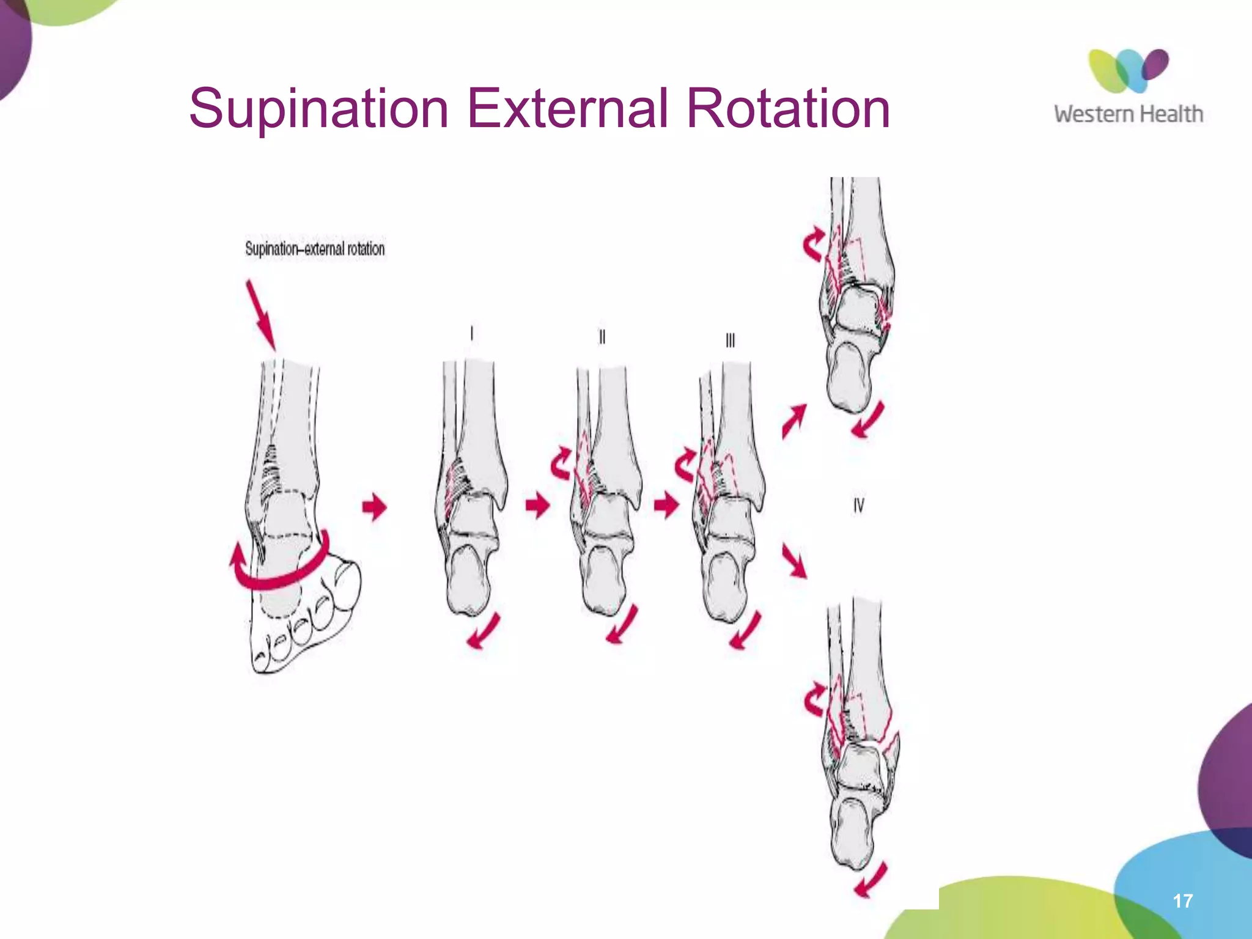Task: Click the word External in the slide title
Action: pyautogui.click(x=569, y=109)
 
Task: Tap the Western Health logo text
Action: pyautogui.click(x=1128, y=114)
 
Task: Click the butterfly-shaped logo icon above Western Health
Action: pyautogui.click(x=1128, y=70)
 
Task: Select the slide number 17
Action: pyautogui.click(x=1182, y=900)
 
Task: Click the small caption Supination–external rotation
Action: pyautogui.click(x=315, y=249)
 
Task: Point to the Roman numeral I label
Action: pyautogui.click(x=471, y=333)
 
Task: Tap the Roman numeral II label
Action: pyautogui.click(x=602, y=337)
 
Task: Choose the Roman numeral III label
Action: pyautogui.click(x=730, y=341)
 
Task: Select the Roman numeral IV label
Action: pyautogui.click(x=859, y=506)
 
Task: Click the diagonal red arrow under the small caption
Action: pyautogui.click(x=261, y=314)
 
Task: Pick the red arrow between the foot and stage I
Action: pyautogui.click(x=375, y=507)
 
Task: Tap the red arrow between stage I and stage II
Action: pyautogui.click(x=538, y=506)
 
